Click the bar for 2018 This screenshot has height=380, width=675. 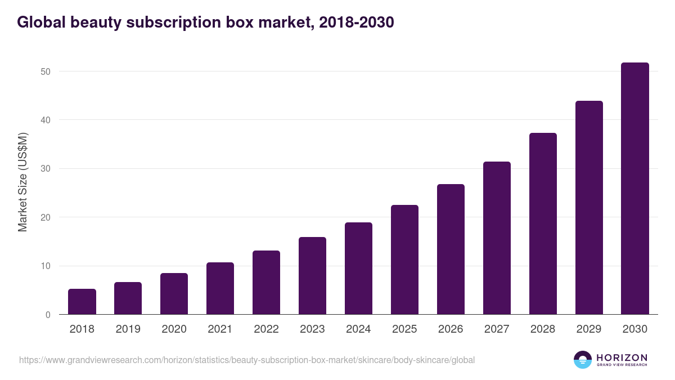coord(82,302)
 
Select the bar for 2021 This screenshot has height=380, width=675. coord(220,288)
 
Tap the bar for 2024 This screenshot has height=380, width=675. coord(358,269)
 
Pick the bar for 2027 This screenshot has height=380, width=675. coord(497,238)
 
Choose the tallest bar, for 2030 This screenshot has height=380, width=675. coord(635,189)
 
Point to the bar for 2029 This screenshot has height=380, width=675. coord(589,208)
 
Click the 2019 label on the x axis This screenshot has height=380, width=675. coord(128,329)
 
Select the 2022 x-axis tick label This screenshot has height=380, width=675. coord(266,329)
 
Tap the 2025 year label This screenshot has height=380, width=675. coord(404,329)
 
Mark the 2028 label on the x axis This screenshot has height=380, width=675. coord(543,329)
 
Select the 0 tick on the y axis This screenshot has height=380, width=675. coord(48,315)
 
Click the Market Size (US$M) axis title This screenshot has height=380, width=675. coord(23,182)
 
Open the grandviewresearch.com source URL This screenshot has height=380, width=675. coord(247,360)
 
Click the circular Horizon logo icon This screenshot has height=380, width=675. coord(583,360)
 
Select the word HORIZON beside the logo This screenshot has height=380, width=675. coord(622,357)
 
